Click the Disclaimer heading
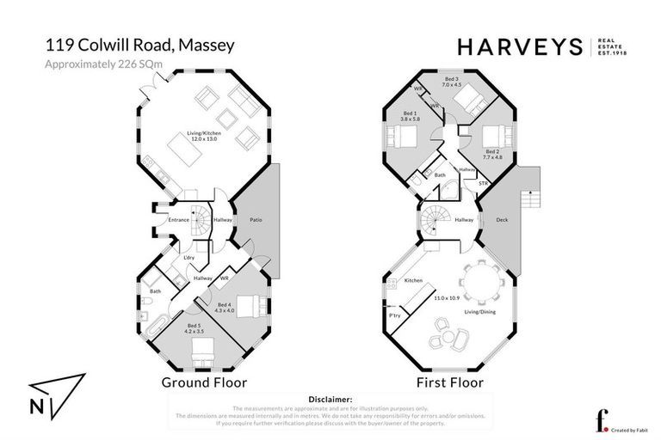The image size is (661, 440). click(x=330, y=400)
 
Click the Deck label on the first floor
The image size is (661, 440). click(x=502, y=221)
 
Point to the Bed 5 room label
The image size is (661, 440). click(x=196, y=327)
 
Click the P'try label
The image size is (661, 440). click(x=394, y=316)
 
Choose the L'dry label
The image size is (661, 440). click(x=186, y=259)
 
